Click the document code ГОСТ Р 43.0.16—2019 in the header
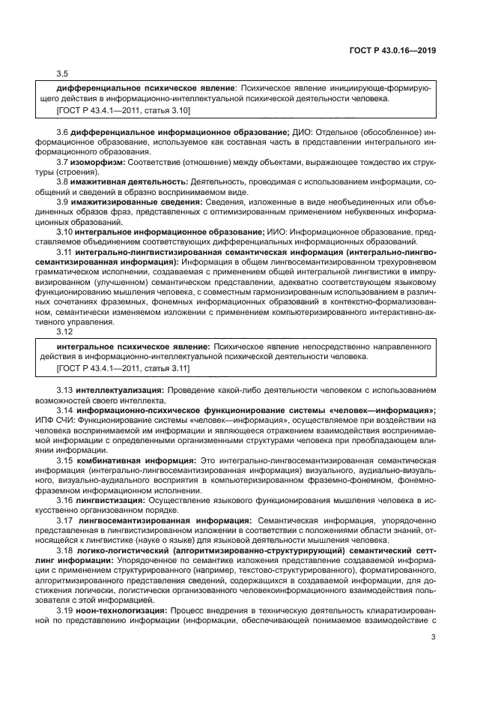point(397,50)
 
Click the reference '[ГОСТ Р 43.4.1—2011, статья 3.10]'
point(124,110)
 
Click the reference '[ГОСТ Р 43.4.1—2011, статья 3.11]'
point(124,369)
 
